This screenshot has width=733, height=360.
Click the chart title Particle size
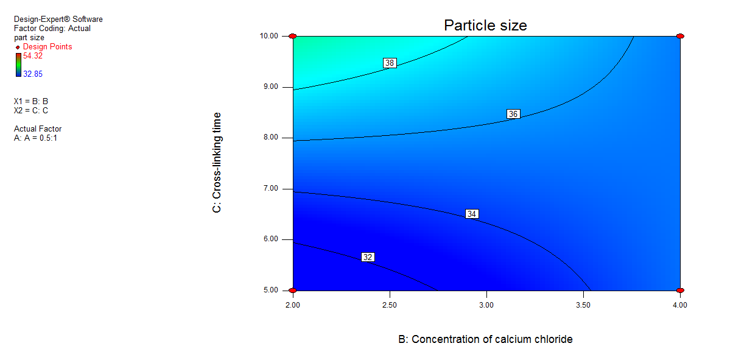tap(485, 25)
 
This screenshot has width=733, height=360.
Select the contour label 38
tap(390, 63)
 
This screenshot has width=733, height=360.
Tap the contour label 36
tap(513, 114)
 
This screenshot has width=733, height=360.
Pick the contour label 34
tap(472, 214)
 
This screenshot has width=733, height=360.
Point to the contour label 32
tap(367, 257)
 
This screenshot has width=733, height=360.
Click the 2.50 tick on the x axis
tap(389, 304)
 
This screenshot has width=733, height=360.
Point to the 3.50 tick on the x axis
tap(583, 304)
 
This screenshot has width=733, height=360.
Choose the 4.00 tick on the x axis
tap(679, 304)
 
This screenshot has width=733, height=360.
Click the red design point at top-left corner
tap(293, 37)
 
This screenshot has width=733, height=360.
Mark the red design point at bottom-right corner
tap(680, 290)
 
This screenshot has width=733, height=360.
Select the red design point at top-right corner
tap(680, 37)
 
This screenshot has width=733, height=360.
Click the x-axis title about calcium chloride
tap(485, 339)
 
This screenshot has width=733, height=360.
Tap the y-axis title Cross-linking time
tap(217, 162)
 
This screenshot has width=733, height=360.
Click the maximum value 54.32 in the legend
tap(33, 56)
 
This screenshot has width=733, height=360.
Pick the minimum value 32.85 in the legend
tap(33, 74)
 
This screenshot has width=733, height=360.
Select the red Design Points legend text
tap(47, 47)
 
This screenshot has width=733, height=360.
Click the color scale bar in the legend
tap(19, 65)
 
